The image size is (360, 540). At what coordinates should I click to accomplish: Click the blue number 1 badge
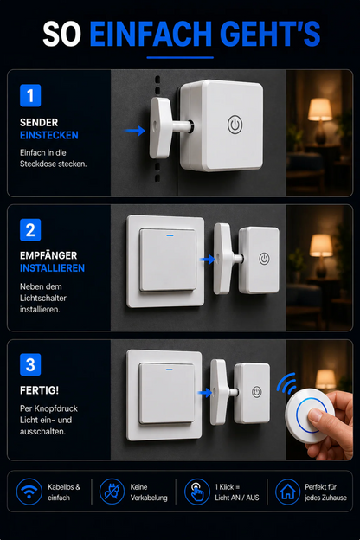tap(30, 95)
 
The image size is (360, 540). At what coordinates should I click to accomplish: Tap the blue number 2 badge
tap(30, 229)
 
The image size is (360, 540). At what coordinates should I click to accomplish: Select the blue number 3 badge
tap(30, 364)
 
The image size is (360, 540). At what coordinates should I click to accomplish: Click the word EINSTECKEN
tap(49, 135)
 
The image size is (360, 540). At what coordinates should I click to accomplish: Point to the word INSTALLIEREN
tap(52, 268)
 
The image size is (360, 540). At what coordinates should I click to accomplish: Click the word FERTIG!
tap(39, 390)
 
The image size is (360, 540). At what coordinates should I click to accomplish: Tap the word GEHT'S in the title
tap(270, 34)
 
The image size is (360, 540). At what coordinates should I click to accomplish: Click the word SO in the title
tap(62, 34)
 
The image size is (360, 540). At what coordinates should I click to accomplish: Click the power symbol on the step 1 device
tap(235, 125)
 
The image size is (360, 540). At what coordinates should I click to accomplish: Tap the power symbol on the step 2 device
tap(264, 259)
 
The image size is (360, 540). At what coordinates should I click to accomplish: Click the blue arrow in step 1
tap(135, 131)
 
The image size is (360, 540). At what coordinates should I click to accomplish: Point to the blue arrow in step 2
tap(208, 260)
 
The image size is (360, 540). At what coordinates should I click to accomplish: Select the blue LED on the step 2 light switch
tap(170, 235)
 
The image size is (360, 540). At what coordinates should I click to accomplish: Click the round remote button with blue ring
tap(310, 415)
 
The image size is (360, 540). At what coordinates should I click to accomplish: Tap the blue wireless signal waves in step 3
tap(287, 383)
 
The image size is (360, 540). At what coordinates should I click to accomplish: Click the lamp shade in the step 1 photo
tap(320, 109)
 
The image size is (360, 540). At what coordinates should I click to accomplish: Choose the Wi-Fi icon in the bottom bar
tap(29, 492)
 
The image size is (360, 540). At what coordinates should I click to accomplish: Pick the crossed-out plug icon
tap(112, 492)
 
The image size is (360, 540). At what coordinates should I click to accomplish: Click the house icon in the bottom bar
tap(287, 492)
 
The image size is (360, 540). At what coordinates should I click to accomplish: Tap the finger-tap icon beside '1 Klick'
tap(197, 492)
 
